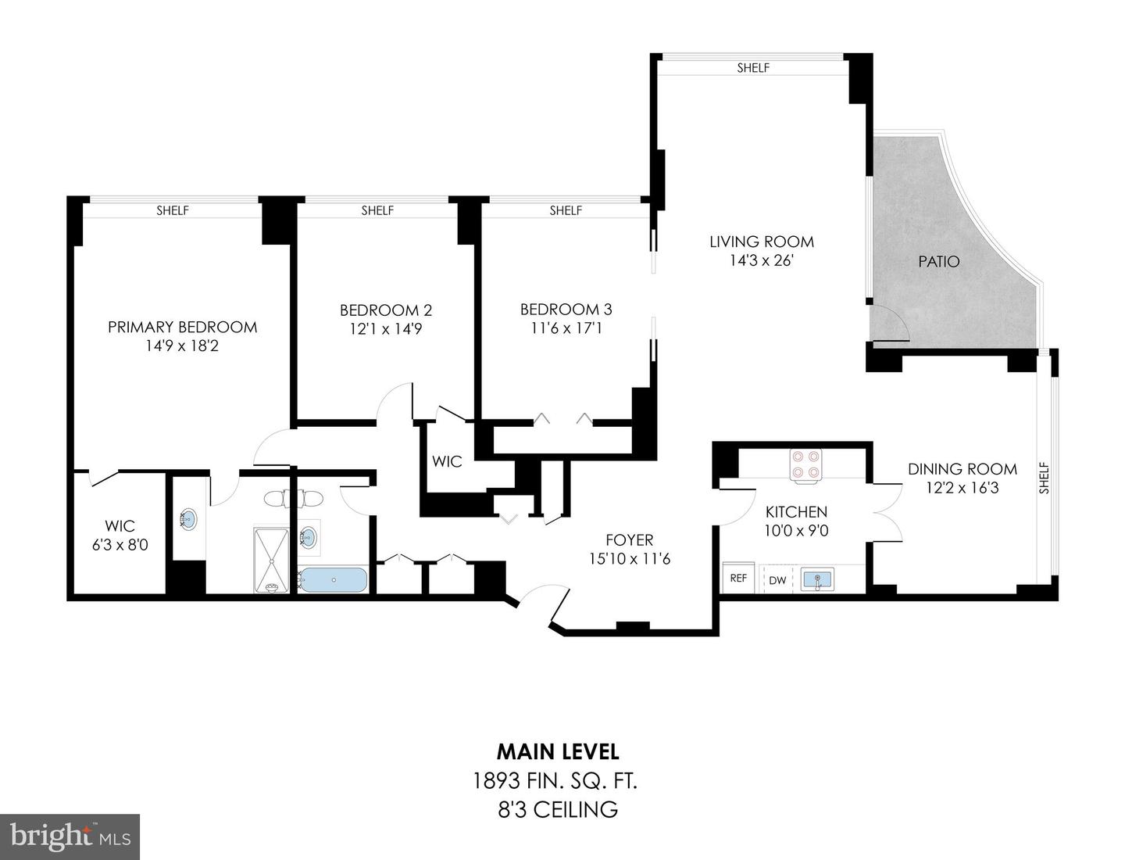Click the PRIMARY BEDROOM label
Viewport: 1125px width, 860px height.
tap(182, 327)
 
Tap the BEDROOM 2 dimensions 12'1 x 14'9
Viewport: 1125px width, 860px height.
tap(385, 329)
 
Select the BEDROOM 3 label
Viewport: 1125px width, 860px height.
tap(566, 310)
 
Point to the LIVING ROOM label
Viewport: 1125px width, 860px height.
tap(761, 242)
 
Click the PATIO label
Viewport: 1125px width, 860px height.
tap(938, 262)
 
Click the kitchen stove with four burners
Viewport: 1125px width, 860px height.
tap(805, 463)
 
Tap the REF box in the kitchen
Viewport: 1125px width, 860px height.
tap(737, 579)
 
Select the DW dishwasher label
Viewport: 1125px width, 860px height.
tap(777, 580)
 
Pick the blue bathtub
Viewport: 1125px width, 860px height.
tap(334, 580)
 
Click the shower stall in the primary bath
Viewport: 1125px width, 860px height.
tap(270, 560)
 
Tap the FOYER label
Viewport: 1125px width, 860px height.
tap(629, 539)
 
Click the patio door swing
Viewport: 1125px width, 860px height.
tap(889, 323)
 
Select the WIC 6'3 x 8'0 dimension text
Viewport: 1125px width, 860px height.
tap(120, 545)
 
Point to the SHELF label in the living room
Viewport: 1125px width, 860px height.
tap(753, 68)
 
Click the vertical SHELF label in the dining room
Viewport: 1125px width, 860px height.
tap(1044, 478)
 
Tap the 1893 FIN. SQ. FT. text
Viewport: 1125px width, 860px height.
tap(558, 780)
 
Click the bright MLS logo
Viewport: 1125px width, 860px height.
tap(70, 837)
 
